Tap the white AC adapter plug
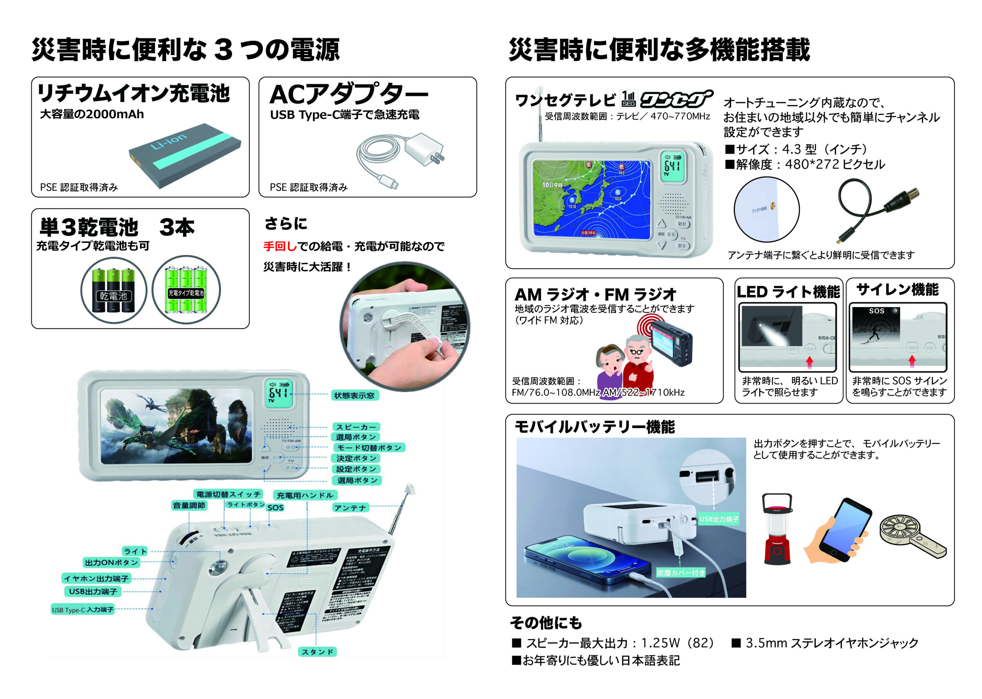click(x=424, y=150)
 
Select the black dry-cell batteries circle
click(x=114, y=290)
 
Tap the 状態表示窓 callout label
click(x=354, y=395)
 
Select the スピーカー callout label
click(x=356, y=427)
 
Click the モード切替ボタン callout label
click(x=369, y=448)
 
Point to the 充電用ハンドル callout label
click(x=305, y=496)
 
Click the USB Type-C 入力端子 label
click(x=82, y=610)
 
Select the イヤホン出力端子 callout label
click(x=96, y=578)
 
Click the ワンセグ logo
click(x=676, y=99)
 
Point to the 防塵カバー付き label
click(x=681, y=573)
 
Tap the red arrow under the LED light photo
click(x=809, y=362)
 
